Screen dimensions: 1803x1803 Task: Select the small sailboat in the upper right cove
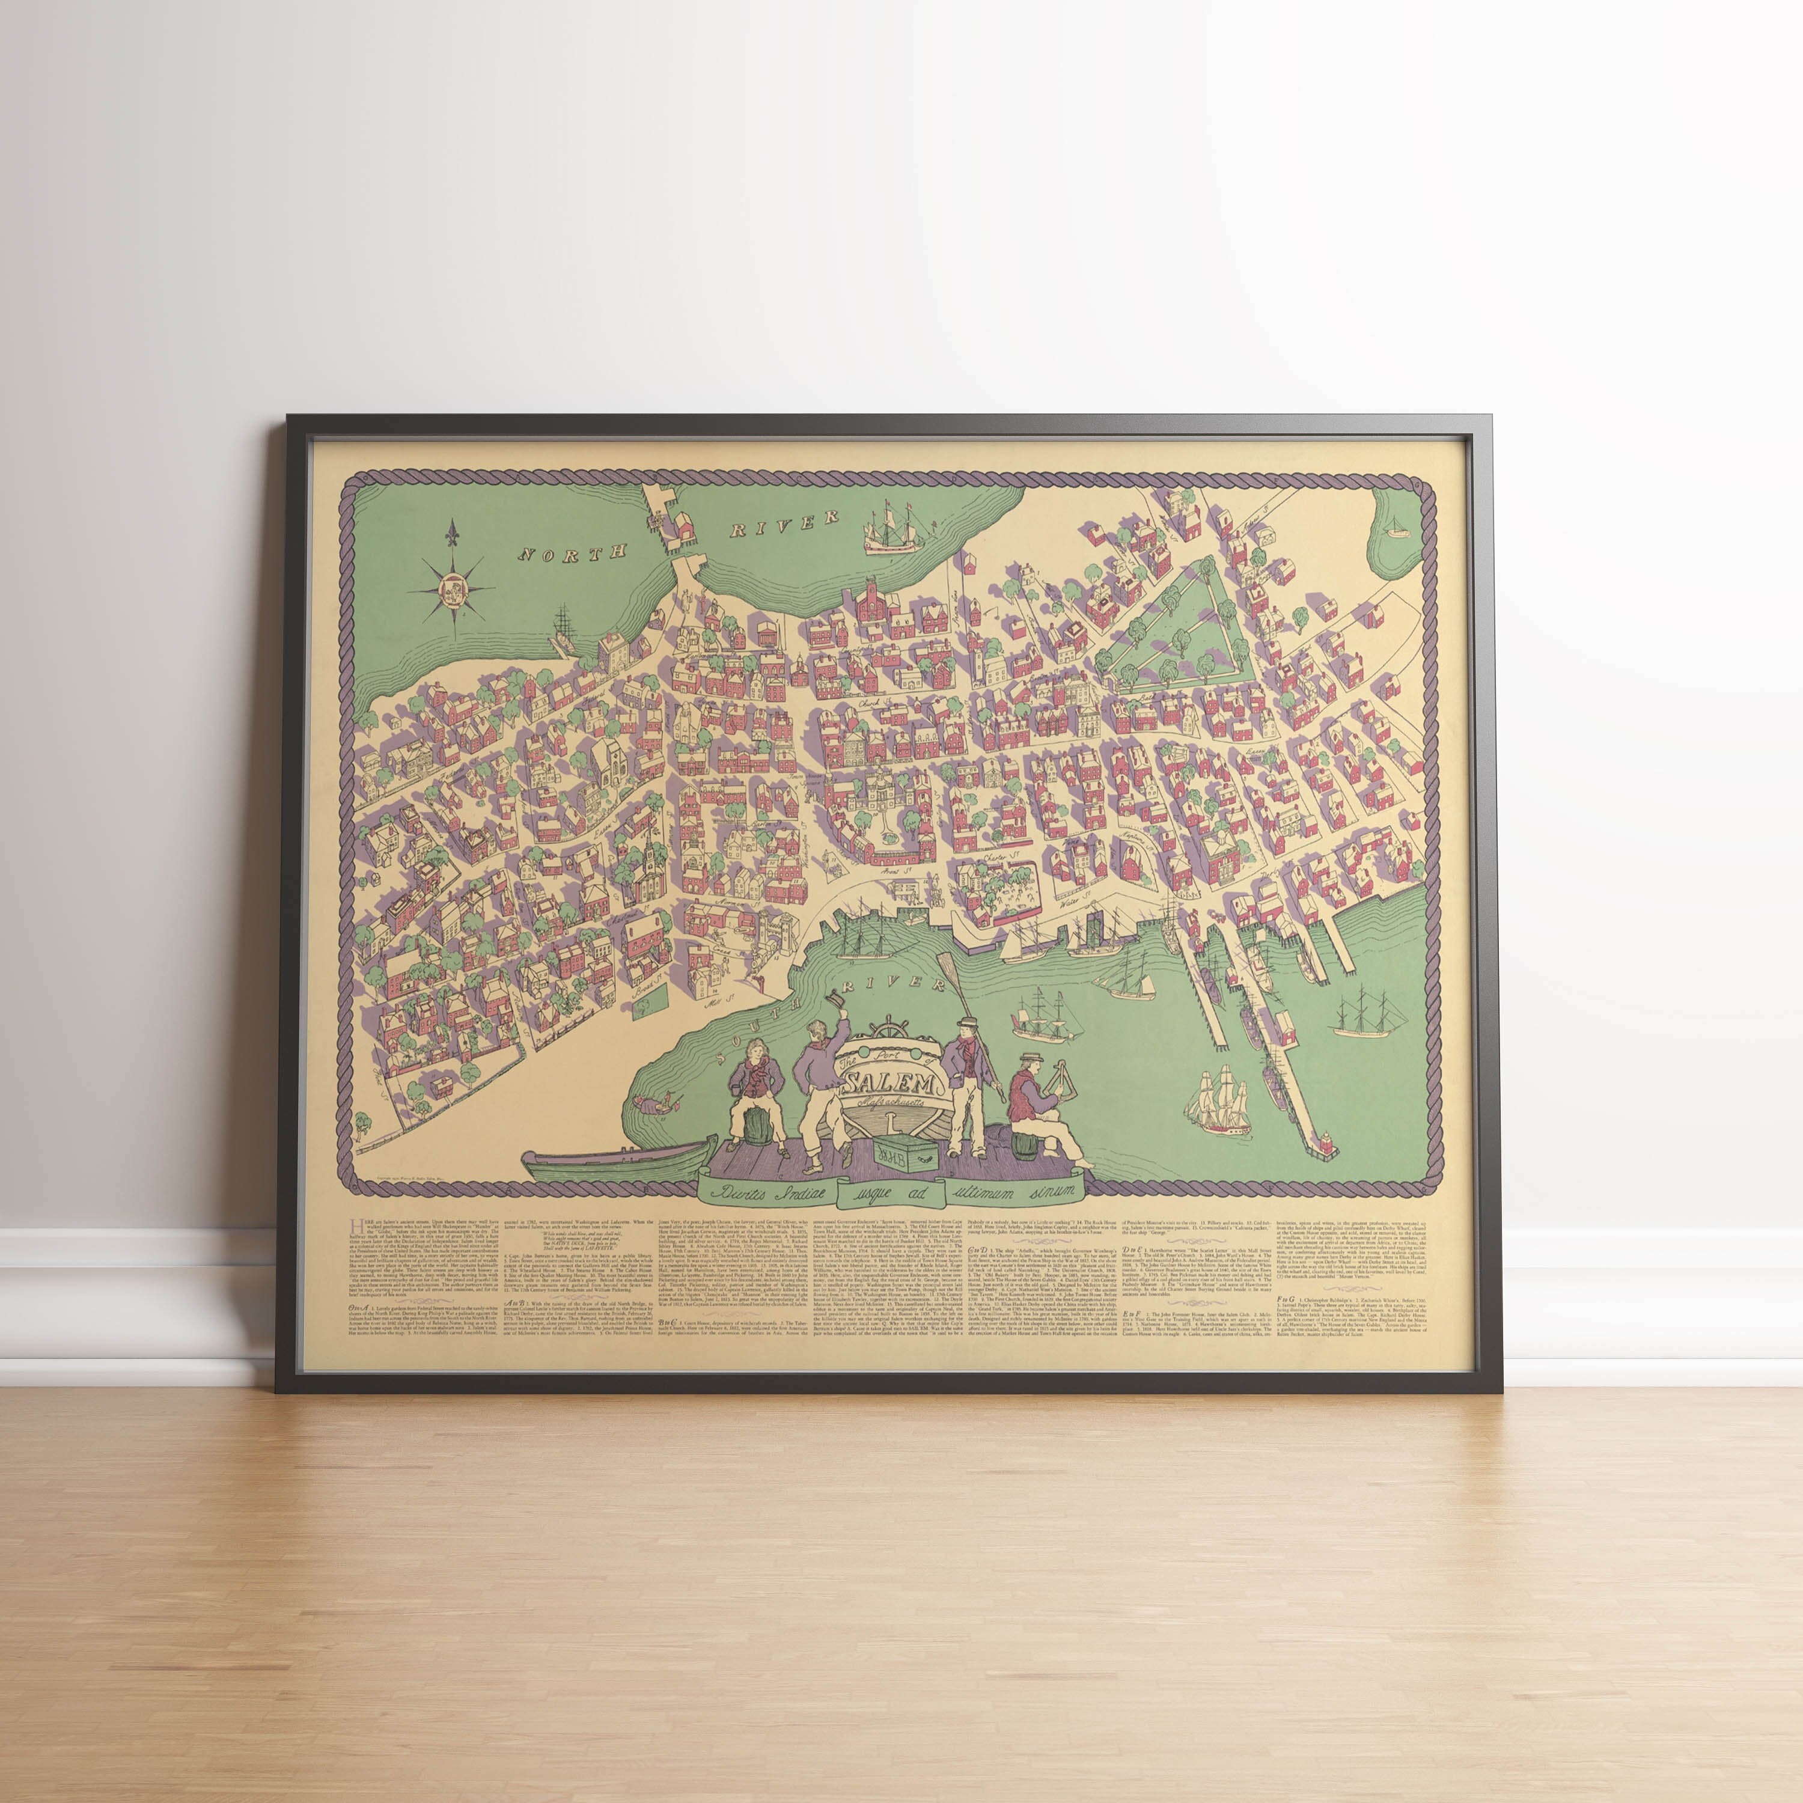1396,530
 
